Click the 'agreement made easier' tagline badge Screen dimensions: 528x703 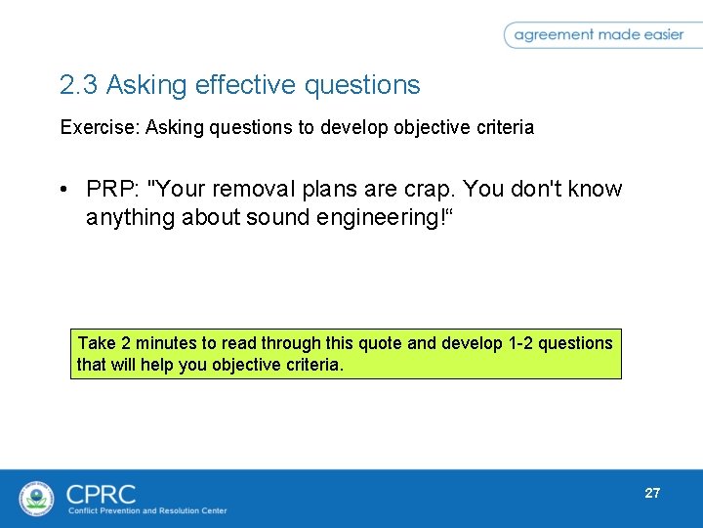(x=599, y=35)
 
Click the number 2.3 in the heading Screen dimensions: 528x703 (x=79, y=86)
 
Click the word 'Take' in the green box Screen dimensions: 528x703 (x=97, y=343)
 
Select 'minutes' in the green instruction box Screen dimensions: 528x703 (x=166, y=343)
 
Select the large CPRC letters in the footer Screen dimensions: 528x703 (x=102, y=493)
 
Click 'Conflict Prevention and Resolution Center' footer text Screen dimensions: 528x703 (x=146, y=510)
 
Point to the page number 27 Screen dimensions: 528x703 (x=652, y=493)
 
